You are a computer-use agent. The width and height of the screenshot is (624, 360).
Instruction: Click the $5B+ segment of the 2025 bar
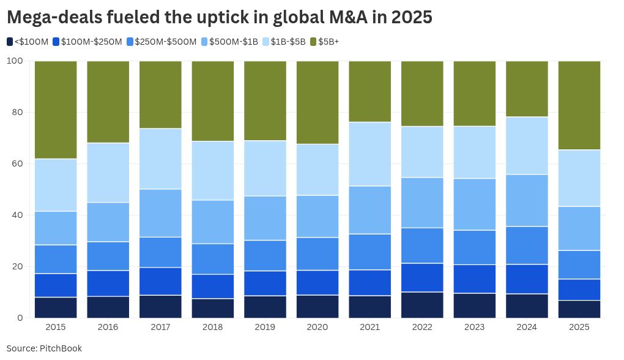tap(579, 105)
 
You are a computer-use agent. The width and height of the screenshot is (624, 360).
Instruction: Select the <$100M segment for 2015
tap(56, 307)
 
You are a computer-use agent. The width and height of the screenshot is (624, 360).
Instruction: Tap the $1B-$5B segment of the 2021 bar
tap(370, 154)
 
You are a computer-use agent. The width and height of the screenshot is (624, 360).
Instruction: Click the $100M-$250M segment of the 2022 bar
tap(422, 277)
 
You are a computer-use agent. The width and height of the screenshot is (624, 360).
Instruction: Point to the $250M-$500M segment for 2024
tap(527, 245)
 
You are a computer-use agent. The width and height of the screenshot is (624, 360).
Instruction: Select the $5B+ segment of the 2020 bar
tap(318, 102)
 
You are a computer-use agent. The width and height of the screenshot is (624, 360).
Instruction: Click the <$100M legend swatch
tap(10, 42)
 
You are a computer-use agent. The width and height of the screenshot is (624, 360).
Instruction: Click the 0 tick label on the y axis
tap(20, 318)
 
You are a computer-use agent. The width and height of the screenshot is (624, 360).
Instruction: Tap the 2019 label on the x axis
tap(265, 328)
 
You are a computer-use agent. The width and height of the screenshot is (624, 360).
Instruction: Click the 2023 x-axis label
tap(475, 328)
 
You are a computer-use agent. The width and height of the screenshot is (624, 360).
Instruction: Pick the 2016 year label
tap(108, 328)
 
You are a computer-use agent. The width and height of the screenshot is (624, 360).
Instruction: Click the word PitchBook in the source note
tap(61, 348)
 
